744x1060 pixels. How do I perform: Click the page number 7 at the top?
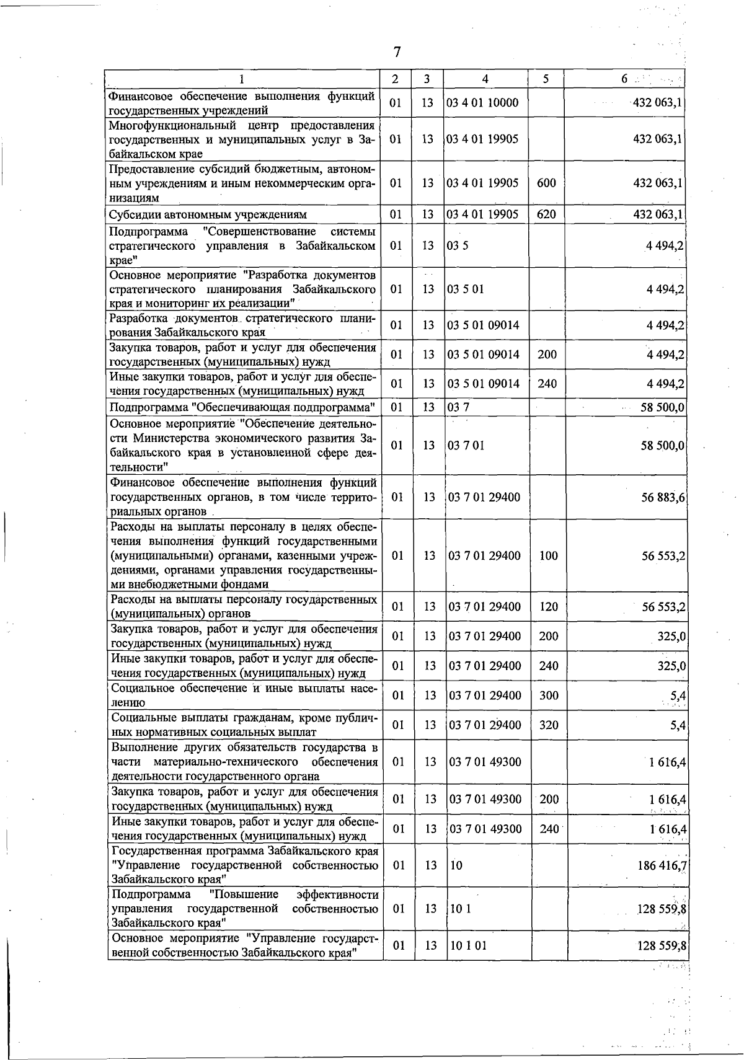(x=397, y=53)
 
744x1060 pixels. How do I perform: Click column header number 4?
(x=485, y=79)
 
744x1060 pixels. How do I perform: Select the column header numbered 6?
(x=625, y=79)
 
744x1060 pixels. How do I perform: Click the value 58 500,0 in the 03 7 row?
(x=662, y=408)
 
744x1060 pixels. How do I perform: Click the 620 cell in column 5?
(x=546, y=215)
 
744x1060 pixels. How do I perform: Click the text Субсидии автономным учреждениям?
(x=208, y=215)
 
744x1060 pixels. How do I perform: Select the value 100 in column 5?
(x=548, y=556)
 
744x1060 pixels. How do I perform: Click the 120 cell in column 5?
(x=548, y=607)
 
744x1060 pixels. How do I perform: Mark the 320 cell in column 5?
(x=548, y=725)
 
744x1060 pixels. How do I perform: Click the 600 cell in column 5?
(x=546, y=183)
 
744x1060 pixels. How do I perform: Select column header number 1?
(x=241, y=79)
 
